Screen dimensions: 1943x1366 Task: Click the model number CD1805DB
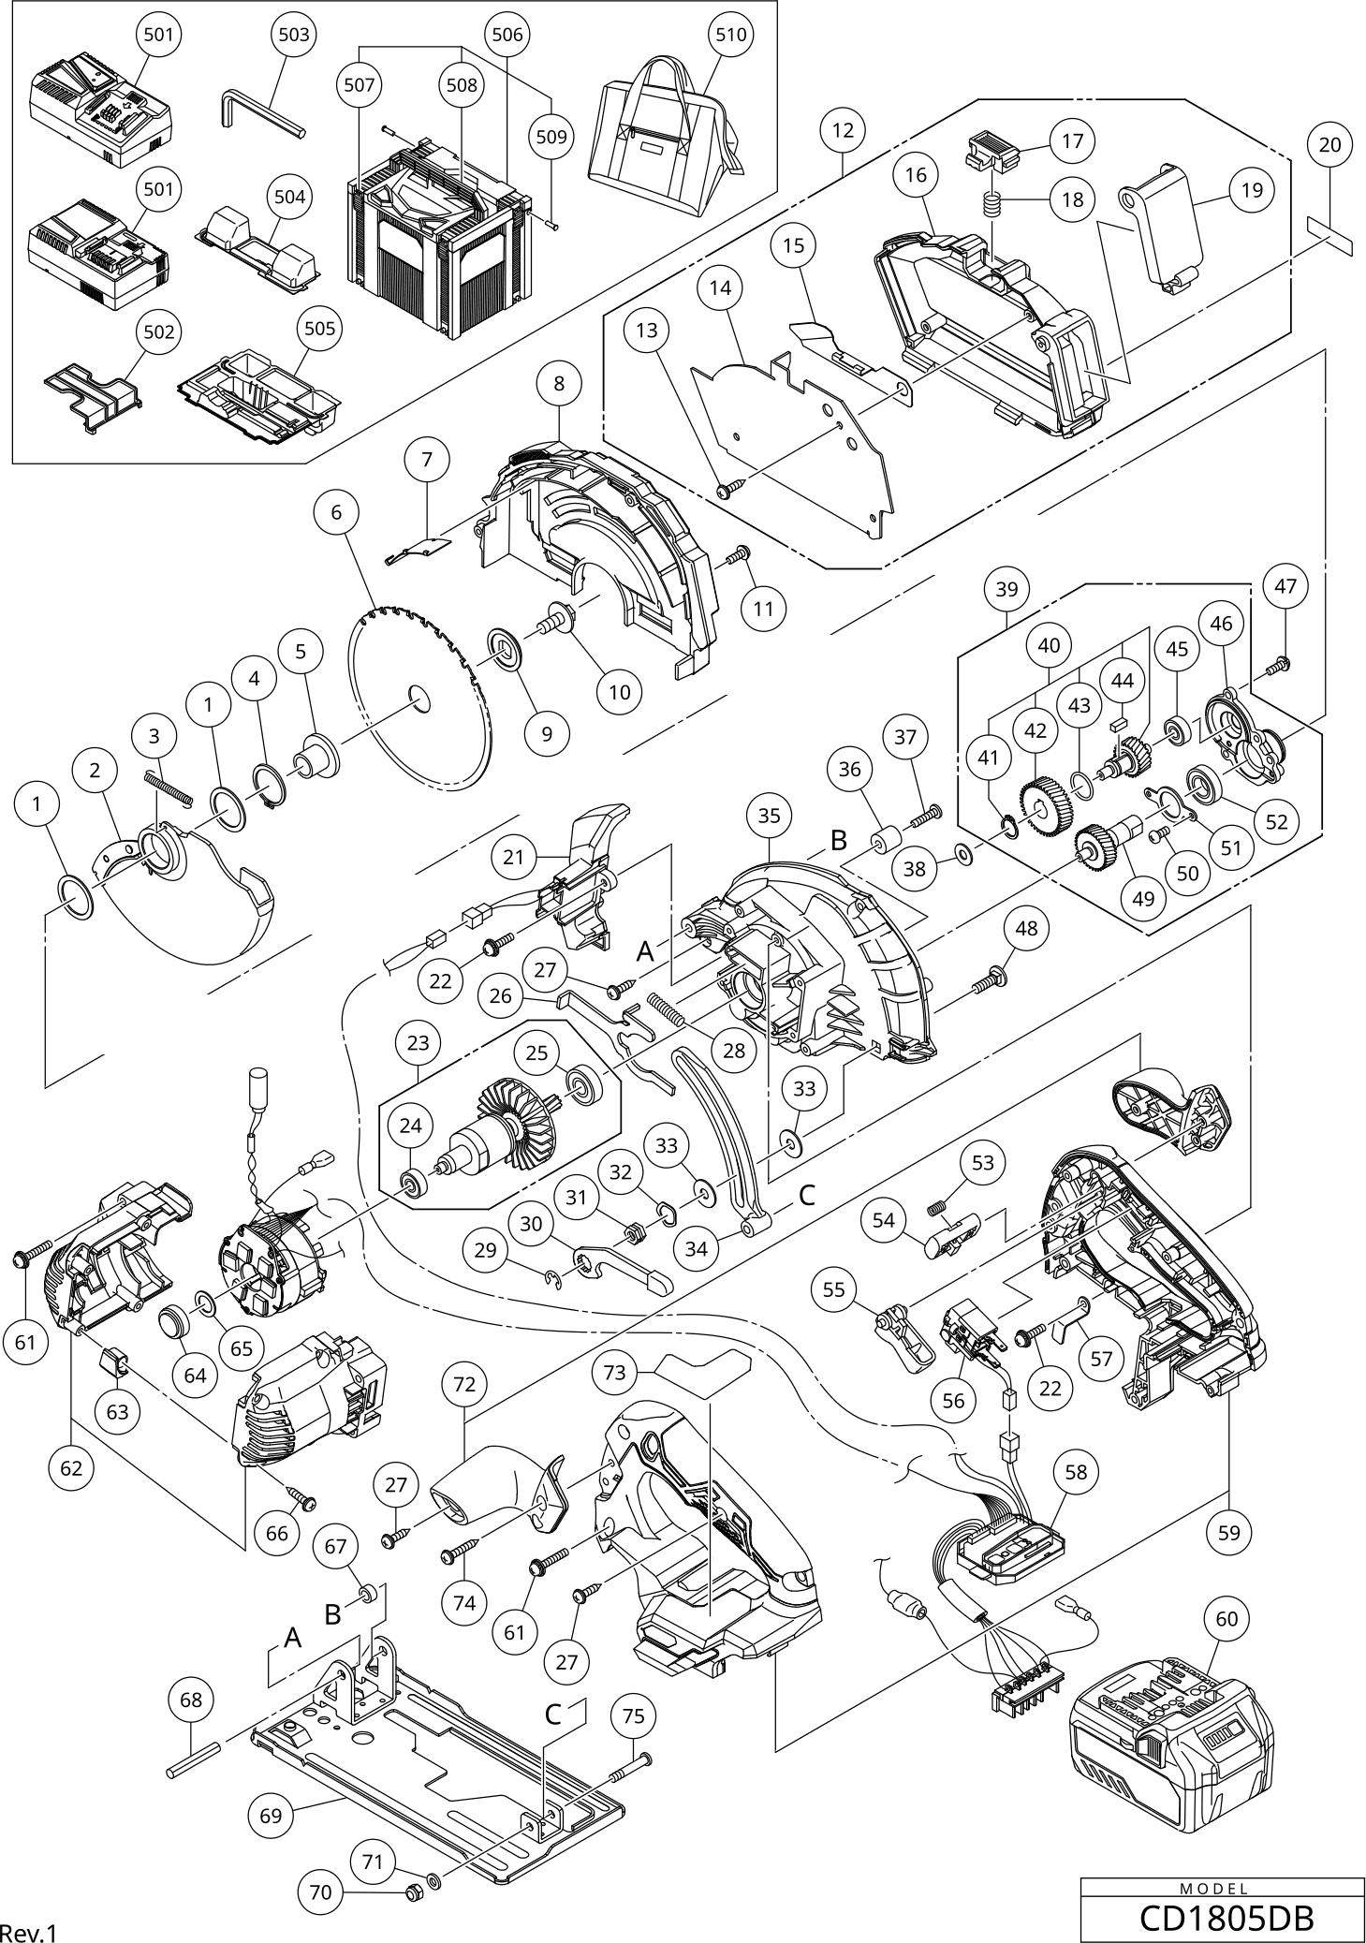point(1226,1917)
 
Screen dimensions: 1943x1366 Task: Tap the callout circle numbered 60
point(1227,1619)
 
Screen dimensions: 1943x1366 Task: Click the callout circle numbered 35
point(769,816)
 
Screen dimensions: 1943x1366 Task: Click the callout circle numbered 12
point(844,130)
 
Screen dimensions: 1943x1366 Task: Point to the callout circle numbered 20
point(1329,144)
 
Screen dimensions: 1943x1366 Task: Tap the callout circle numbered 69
point(271,1816)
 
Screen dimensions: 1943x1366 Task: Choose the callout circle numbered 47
point(1286,586)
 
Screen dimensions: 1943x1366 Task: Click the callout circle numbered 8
point(560,383)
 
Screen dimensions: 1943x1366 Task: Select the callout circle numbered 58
point(1077,1471)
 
